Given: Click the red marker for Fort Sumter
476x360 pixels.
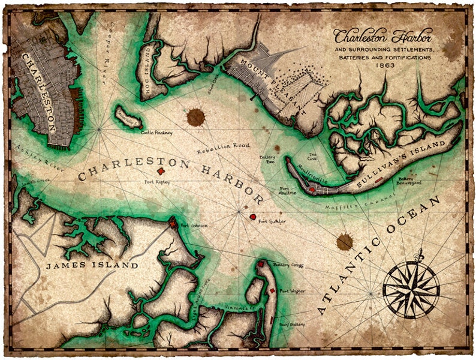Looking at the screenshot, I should pos(253,217).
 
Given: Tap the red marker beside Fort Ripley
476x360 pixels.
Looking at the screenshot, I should pos(161,171).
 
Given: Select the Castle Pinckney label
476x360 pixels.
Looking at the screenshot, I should pos(156,132).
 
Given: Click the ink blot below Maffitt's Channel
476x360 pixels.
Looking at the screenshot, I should pos(345,241).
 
